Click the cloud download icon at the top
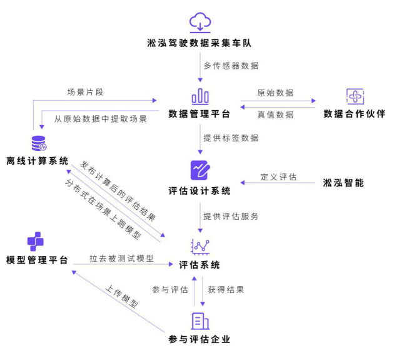(x=200, y=23)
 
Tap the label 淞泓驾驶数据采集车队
(x=200, y=44)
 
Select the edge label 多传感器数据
(x=231, y=65)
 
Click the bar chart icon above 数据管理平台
(x=200, y=96)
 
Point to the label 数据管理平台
(x=200, y=114)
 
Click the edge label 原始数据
(x=275, y=93)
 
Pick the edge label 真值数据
(x=275, y=115)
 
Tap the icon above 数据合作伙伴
(x=355, y=96)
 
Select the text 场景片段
(x=85, y=92)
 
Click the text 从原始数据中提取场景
(x=100, y=118)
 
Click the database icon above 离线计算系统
(x=39, y=143)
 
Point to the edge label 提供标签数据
(x=231, y=137)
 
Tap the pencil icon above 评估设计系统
(x=200, y=171)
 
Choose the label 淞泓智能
(x=343, y=183)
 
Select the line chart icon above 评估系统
(x=200, y=246)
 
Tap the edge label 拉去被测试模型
(x=121, y=258)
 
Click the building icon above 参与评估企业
(x=200, y=321)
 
